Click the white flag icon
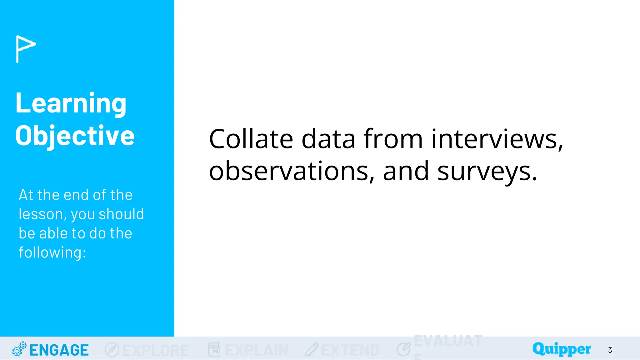tap(26, 48)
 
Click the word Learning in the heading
tap(71, 104)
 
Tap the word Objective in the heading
tap(75, 136)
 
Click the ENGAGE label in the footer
tap(59, 350)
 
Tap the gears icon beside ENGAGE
tap(19, 349)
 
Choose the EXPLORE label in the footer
tap(155, 350)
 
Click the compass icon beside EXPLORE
tap(112, 349)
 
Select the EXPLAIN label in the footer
tap(256, 350)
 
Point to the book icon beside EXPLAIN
tap(214, 349)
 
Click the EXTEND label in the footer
tap(350, 350)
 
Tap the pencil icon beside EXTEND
tap(312, 349)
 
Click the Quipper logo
tap(562, 349)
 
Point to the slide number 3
tap(610, 350)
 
